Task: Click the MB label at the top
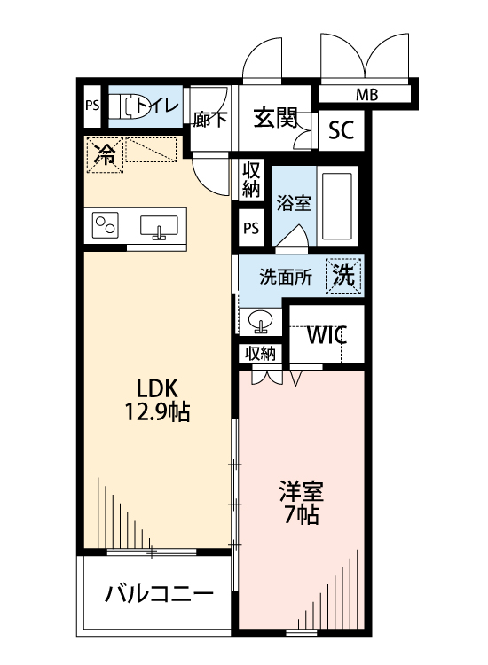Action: point(366,94)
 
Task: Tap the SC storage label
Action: point(340,130)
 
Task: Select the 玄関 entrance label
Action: point(274,118)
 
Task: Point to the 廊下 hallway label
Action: point(209,119)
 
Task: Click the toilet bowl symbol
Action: point(134,106)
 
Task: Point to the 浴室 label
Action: point(292,202)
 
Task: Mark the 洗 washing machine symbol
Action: point(345,274)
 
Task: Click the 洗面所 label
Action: point(285,276)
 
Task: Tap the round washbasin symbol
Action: point(262,319)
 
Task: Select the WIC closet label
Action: point(326,336)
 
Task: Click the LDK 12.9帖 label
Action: point(158,400)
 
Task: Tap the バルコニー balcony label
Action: point(159,593)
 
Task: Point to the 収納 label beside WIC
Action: point(261,353)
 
